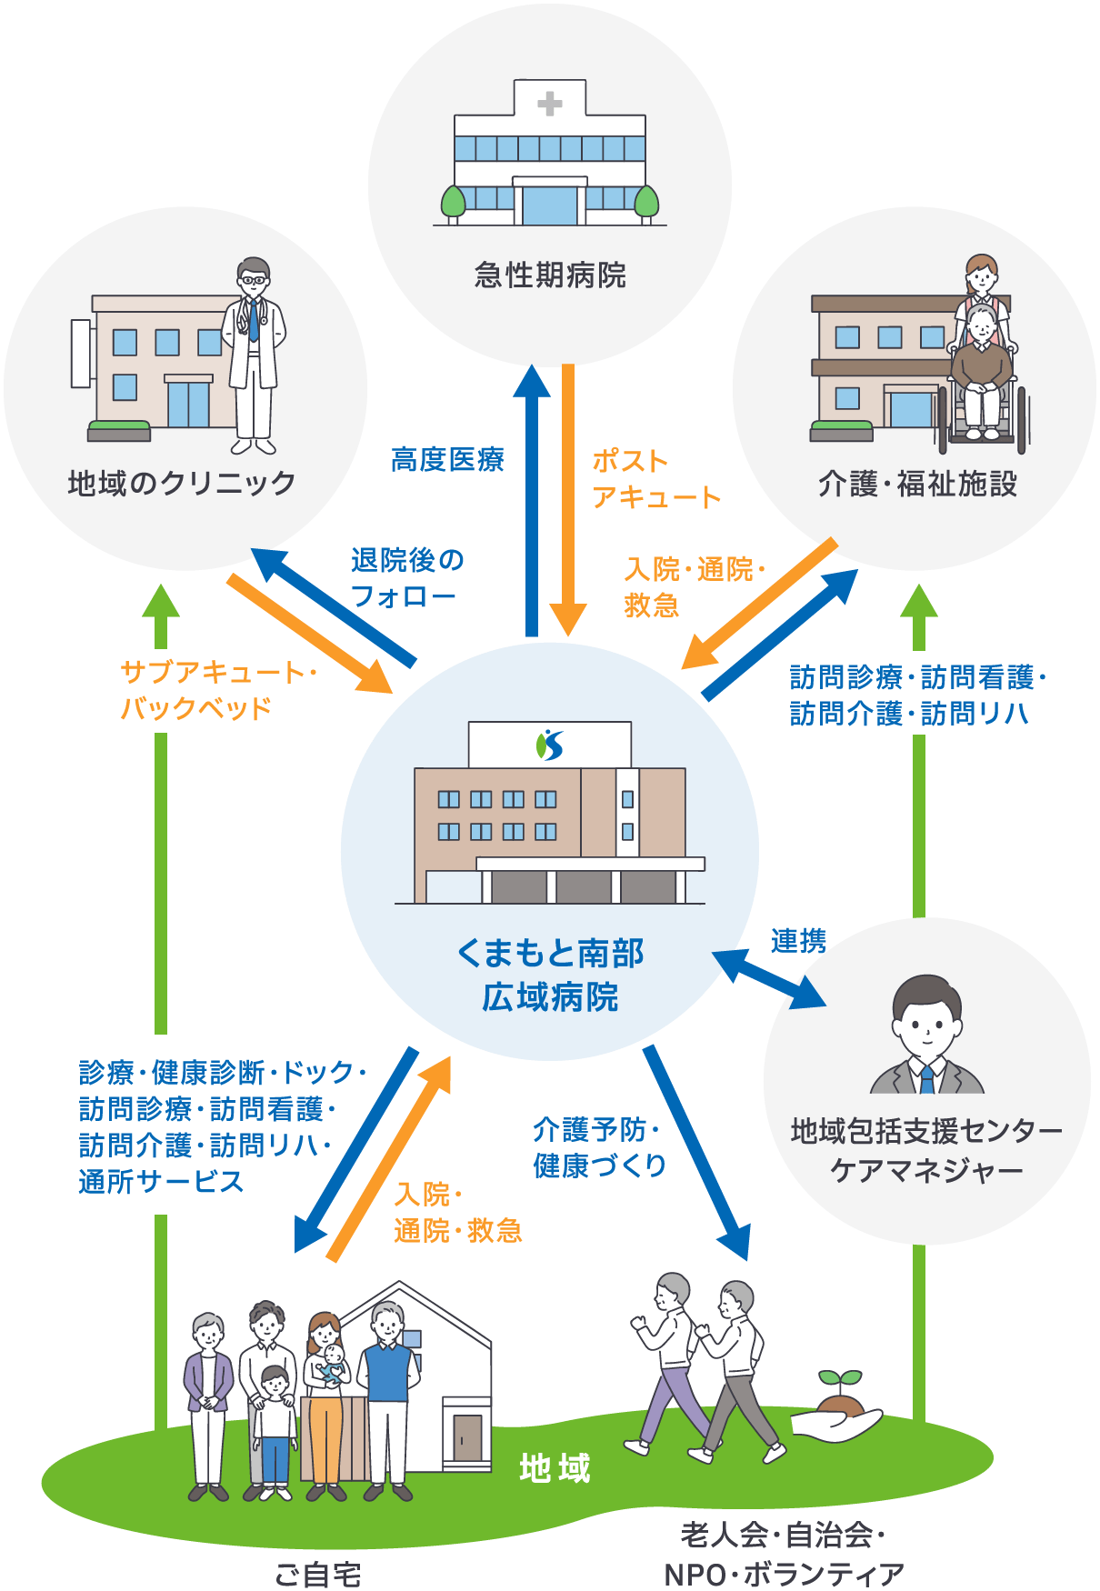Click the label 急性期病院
coord(550,275)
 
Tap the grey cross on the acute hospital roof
coord(549,104)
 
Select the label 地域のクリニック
coord(182,483)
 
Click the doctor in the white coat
coord(254,355)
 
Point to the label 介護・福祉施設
coord(917,484)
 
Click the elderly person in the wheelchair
coord(981,368)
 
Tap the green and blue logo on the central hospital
coord(550,745)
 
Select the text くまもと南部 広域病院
coord(550,975)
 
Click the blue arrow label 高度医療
coord(447,461)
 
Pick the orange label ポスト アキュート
coord(655,479)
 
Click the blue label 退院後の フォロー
coord(406,578)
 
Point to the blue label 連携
coord(798,941)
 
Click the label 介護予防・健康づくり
coord(600,1147)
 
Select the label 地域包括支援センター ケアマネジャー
coord(926,1150)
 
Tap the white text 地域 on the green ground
coord(555,1467)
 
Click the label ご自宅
coord(317,1574)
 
